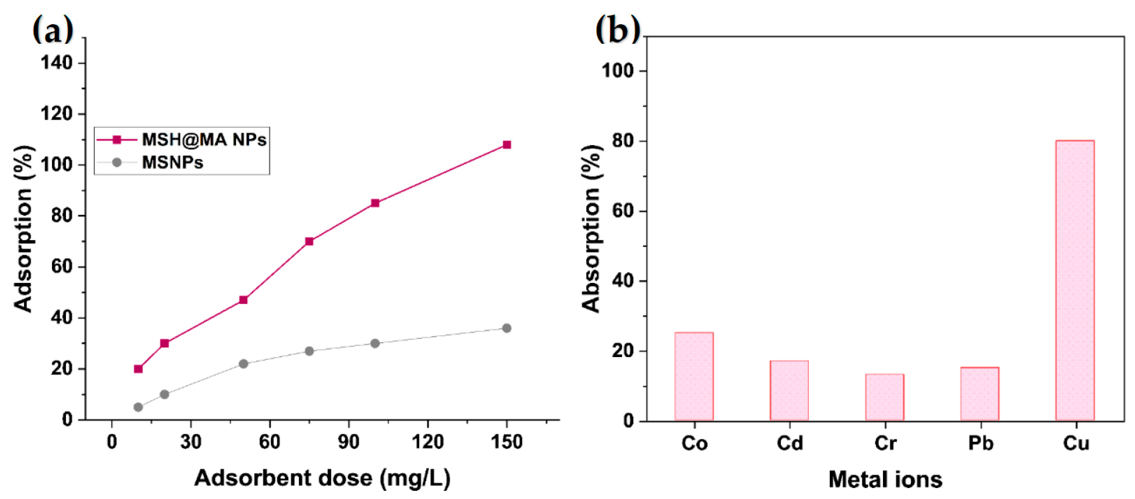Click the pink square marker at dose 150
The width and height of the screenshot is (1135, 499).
click(507, 145)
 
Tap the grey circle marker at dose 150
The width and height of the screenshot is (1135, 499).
click(507, 328)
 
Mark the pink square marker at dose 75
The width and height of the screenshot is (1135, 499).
click(309, 241)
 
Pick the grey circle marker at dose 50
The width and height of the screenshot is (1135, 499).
click(243, 364)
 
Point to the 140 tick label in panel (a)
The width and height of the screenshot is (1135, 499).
click(56, 63)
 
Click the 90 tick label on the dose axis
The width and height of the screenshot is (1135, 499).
click(349, 442)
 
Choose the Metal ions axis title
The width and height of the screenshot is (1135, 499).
click(885, 479)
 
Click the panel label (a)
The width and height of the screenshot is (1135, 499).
click(53, 29)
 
